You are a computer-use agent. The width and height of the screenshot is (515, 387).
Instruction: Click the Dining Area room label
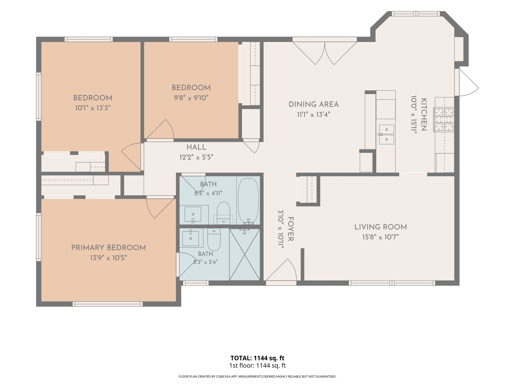tap(314, 104)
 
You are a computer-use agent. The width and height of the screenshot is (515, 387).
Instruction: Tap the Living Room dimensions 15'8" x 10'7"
tap(380, 237)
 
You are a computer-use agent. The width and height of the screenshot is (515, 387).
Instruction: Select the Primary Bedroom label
tap(109, 248)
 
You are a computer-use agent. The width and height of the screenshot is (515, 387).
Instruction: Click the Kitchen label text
tap(424, 115)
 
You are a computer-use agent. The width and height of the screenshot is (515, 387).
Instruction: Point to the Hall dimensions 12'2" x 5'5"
tap(196, 157)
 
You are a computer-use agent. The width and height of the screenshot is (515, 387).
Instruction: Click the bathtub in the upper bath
tap(248, 200)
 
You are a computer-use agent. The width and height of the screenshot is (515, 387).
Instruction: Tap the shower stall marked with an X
tap(245, 254)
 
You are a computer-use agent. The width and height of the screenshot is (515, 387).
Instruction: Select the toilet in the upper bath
tap(224, 213)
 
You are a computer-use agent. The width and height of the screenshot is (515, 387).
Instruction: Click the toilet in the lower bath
tap(214, 239)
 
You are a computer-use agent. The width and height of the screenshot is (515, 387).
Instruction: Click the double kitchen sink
tap(387, 134)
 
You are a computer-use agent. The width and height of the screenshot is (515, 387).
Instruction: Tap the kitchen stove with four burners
tap(444, 120)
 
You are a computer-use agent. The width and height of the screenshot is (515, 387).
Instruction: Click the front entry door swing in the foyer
tap(281, 270)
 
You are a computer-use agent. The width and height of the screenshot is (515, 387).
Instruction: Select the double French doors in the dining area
tap(325, 53)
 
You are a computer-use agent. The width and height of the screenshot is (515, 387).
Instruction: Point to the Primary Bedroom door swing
tap(161, 208)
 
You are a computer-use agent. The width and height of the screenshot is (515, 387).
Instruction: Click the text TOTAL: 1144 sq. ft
tap(257, 358)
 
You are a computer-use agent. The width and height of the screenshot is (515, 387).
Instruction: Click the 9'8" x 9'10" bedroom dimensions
tap(191, 98)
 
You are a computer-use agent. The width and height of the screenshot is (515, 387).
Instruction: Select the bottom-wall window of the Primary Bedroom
tap(108, 304)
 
